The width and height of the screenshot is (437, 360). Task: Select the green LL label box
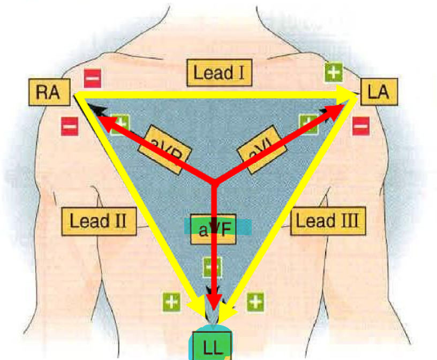[x=212, y=346]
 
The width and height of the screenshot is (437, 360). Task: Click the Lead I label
[x=219, y=73]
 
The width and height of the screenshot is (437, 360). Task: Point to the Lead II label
[x=99, y=220]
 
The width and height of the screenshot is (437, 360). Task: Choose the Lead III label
[x=328, y=220]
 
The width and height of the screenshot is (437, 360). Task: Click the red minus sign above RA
[x=92, y=78]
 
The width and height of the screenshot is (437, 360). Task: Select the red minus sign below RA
[x=70, y=127]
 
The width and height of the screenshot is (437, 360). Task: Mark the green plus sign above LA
[x=334, y=72]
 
